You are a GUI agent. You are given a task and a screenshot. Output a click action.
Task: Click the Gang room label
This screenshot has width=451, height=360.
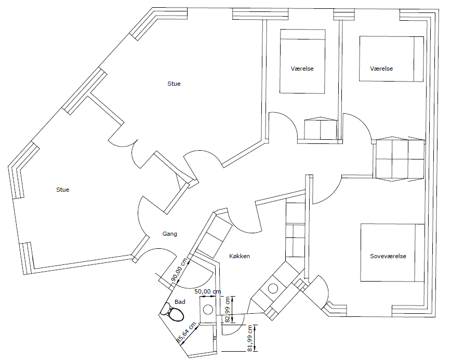pyautogui.click(x=170, y=234)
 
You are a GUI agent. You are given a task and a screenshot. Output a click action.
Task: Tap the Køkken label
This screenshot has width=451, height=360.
pyautogui.click(x=240, y=256)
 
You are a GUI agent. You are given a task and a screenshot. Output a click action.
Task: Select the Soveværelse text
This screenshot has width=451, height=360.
pyautogui.click(x=388, y=256)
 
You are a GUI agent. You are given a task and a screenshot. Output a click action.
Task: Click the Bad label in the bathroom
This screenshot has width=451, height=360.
pyautogui.click(x=180, y=302)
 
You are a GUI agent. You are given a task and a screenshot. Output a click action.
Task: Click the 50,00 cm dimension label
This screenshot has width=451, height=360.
pyautogui.click(x=208, y=291)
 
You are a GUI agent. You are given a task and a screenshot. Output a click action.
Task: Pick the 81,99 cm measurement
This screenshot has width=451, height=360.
pyautogui.click(x=249, y=338)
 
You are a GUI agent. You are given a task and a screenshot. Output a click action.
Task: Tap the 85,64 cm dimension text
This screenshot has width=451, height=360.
pyautogui.click(x=186, y=332)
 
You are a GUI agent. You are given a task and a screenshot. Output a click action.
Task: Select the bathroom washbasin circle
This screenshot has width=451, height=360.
pyautogui.click(x=208, y=310)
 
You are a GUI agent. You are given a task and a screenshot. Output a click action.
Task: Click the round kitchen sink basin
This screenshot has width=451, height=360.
pyautogui.click(x=273, y=288)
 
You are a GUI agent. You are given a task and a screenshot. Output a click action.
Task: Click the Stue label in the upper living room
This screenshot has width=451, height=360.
pyautogui.click(x=174, y=84)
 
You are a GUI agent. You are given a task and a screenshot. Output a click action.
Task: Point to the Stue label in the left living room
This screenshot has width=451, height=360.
pyautogui.click(x=63, y=190)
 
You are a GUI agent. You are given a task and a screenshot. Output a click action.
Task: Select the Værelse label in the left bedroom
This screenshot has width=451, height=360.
pyautogui.click(x=302, y=69)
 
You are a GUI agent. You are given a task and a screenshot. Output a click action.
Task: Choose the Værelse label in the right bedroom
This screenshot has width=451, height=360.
pyautogui.click(x=381, y=69)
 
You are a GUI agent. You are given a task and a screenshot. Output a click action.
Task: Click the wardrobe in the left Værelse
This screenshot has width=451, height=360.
pyautogui.click(x=321, y=128)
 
